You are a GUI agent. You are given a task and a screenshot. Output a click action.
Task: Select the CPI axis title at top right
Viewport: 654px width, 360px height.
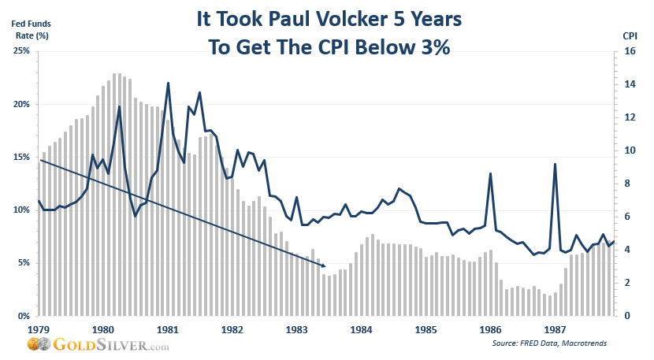(x=630, y=36)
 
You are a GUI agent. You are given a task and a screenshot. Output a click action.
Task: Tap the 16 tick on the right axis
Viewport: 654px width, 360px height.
(x=630, y=51)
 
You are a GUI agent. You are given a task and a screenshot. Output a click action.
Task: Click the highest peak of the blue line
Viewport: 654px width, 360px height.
(x=168, y=83)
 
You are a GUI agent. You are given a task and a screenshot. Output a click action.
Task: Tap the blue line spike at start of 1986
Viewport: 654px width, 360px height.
(x=491, y=173)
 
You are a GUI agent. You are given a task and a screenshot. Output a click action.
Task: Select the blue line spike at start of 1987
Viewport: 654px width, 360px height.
(x=556, y=164)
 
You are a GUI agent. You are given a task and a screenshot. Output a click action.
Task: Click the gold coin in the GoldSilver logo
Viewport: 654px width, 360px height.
(x=33, y=345)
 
